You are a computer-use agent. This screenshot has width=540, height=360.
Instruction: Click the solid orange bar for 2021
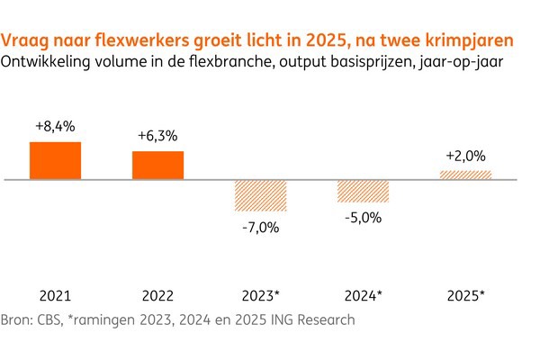(55, 161)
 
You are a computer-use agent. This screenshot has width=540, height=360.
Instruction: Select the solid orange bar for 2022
(158, 166)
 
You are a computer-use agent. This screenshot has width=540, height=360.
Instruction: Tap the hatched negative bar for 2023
(261, 196)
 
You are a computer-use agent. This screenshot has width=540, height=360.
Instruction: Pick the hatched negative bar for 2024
(364, 191)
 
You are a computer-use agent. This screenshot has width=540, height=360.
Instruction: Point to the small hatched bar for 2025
(466, 175)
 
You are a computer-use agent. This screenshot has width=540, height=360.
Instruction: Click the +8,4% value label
(55, 127)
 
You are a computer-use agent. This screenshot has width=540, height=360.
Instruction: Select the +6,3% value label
(158, 136)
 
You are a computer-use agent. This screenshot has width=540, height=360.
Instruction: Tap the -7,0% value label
(261, 227)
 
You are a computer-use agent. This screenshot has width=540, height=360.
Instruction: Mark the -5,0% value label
(364, 217)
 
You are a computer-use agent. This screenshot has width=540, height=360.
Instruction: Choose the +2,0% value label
(466, 156)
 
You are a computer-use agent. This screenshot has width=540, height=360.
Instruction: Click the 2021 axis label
(55, 294)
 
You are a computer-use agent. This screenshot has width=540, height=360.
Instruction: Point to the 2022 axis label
(158, 294)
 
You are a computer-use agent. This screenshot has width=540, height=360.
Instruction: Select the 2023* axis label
(261, 294)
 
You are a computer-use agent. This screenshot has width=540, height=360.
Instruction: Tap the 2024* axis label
(364, 294)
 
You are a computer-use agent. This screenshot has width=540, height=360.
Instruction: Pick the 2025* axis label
(466, 294)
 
